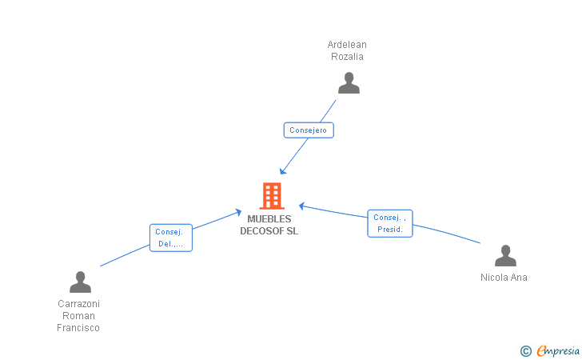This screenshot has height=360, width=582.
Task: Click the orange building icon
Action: click(272, 196)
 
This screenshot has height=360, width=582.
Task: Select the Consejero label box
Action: click(309, 130)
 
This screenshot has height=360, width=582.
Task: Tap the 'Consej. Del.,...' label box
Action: click(171, 238)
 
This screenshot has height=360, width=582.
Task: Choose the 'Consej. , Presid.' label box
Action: click(390, 223)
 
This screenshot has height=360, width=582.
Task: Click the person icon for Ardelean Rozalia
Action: click(349, 83)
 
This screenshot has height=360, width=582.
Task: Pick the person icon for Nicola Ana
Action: click(505, 256)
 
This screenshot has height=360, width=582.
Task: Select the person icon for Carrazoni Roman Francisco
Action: click(80, 282)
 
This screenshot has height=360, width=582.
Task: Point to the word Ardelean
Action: click(347, 45)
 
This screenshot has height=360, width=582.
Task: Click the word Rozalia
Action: click(347, 57)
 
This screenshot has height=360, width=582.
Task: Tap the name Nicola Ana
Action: click(504, 277)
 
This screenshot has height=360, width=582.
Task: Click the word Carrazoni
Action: click(78, 303)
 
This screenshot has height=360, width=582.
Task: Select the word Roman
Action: click(78, 316)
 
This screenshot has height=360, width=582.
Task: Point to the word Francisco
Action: click(78, 328)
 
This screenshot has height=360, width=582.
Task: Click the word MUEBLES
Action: click(269, 219)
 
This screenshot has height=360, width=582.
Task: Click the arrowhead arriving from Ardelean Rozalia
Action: click(283, 171)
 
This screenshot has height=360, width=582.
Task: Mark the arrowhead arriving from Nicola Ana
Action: click(301, 206)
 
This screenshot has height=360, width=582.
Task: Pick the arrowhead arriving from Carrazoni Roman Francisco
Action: click(238, 213)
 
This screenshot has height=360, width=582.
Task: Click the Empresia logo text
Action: click(558, 350)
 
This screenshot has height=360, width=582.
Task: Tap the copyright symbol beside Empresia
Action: click(525, 351)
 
